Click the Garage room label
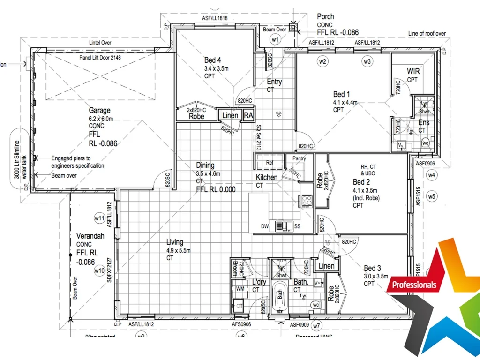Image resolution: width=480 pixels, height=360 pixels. coord(100,111)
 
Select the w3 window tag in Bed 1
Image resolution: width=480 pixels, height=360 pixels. coord(367,61)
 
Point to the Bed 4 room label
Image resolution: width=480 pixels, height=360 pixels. coord(212,60)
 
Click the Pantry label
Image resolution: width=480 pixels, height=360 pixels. coord(299,158)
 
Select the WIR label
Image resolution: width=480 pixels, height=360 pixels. coord(413,71)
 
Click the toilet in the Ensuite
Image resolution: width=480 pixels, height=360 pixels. coord(426,143)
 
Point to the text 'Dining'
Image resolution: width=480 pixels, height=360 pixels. coord(205,165)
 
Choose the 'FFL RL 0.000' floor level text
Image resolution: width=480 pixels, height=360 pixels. coord(216,189)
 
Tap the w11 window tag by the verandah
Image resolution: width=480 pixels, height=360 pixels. coord(99,218)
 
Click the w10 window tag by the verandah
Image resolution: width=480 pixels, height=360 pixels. coord(99,270)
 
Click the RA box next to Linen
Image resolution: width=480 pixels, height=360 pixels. coord(249,115)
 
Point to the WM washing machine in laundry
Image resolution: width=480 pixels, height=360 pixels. coord(240,288)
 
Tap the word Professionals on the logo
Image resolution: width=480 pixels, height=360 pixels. coord(414,285)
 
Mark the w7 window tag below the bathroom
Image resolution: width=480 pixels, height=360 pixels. coord(317,325)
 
